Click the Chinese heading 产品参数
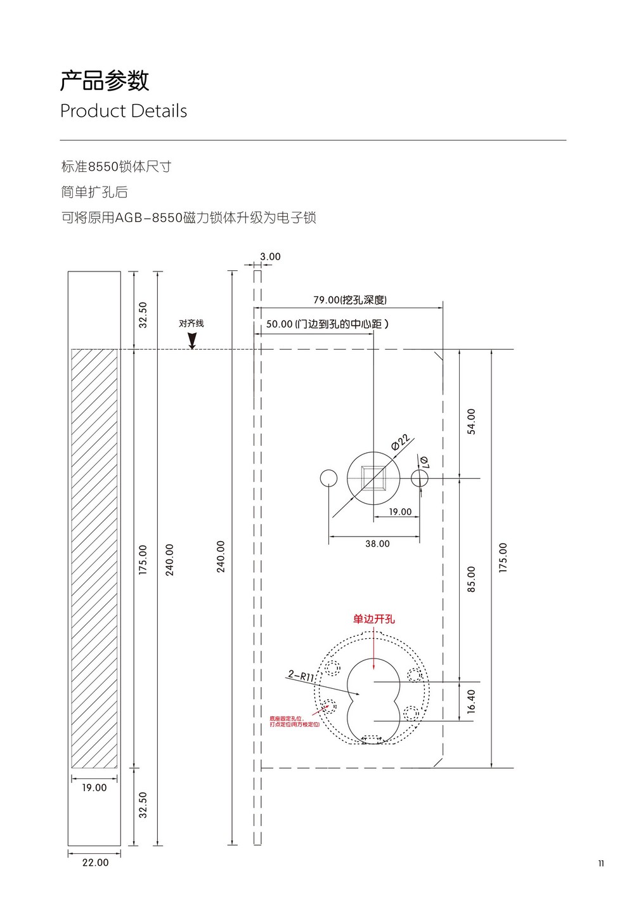pyautogui.click(x=105, y=81)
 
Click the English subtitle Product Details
pyautogui.click(x=124, y=111)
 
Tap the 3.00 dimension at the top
pyautogui.click(x=270, y=257)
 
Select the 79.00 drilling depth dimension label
pyautogui.click(x=349, y=300)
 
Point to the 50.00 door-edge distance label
pyautogui.click(x=327, y=324)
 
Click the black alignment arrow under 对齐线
pyautogui.click(x=192, y=341)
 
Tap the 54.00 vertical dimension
pyautogui.click(x=471, y=421)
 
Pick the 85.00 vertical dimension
pyautogui.click(x=471, y=579)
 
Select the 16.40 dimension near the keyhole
pyautogui.click(x=471, y=701)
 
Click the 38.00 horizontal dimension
pyautogui.click(x=377, y=544)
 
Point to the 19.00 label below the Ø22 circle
pyautogui.click(x=400, y=512)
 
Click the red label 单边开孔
pyautogui.click(x=374, y=619)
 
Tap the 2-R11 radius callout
pyautogui.click(x=301, y=676)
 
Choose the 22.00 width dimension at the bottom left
pyautogui.click(x=95, y=863)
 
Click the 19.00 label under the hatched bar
pyautogui.click(x=94, y=788)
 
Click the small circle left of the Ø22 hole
pyautogui.click(x=328, y=478)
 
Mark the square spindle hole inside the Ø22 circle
pyautogui.click(x=373, y=478)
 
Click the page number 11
pyautogui.click(x=601, y=863)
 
